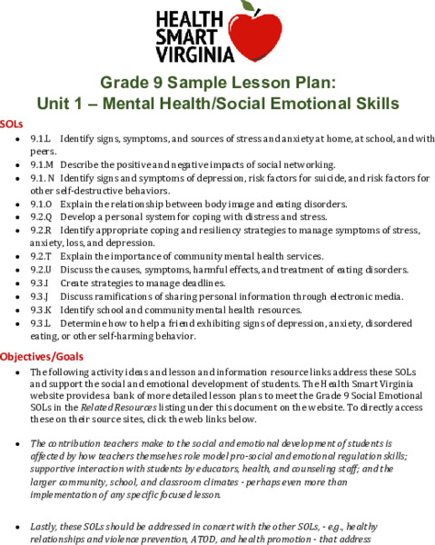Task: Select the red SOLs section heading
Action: pyautogui.click(x=13, y=122)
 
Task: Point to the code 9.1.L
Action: pyautogui.click(x=41, y=139)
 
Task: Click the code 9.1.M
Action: pyautogui.click(x=42, y=164)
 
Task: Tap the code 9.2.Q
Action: pyautogui.click(x=42, y=216)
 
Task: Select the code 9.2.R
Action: pyautogui.click(x=41, y=230)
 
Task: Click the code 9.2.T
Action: pyautogui.click(x=41, y=256)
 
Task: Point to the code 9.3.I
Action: pyautogui.click(x=39, y=283)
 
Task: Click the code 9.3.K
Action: pyautogui.click(x=40, y=310)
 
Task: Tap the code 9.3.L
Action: pyautogui.click(x=40, y=322)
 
